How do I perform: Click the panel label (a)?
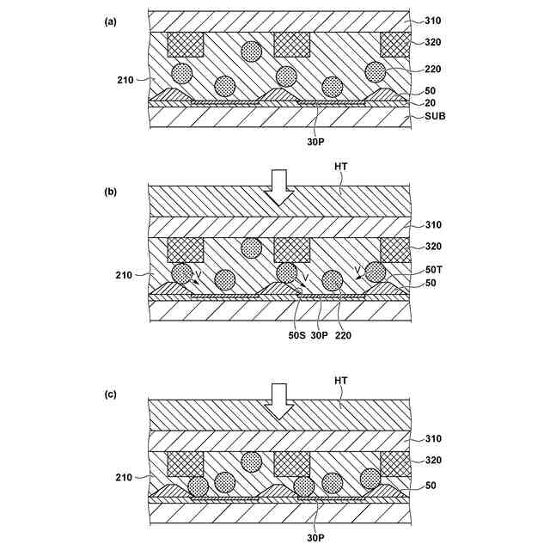pyautogui.click(x=110, y=22)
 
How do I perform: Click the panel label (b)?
pyautogui.click(x=110, y=192)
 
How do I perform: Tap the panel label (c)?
pyautogui.click(x=110, y=394)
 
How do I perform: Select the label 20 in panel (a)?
pyautogui.click(x=430, y=102)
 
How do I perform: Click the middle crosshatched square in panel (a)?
pyautogui.click(x=291, y=44)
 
